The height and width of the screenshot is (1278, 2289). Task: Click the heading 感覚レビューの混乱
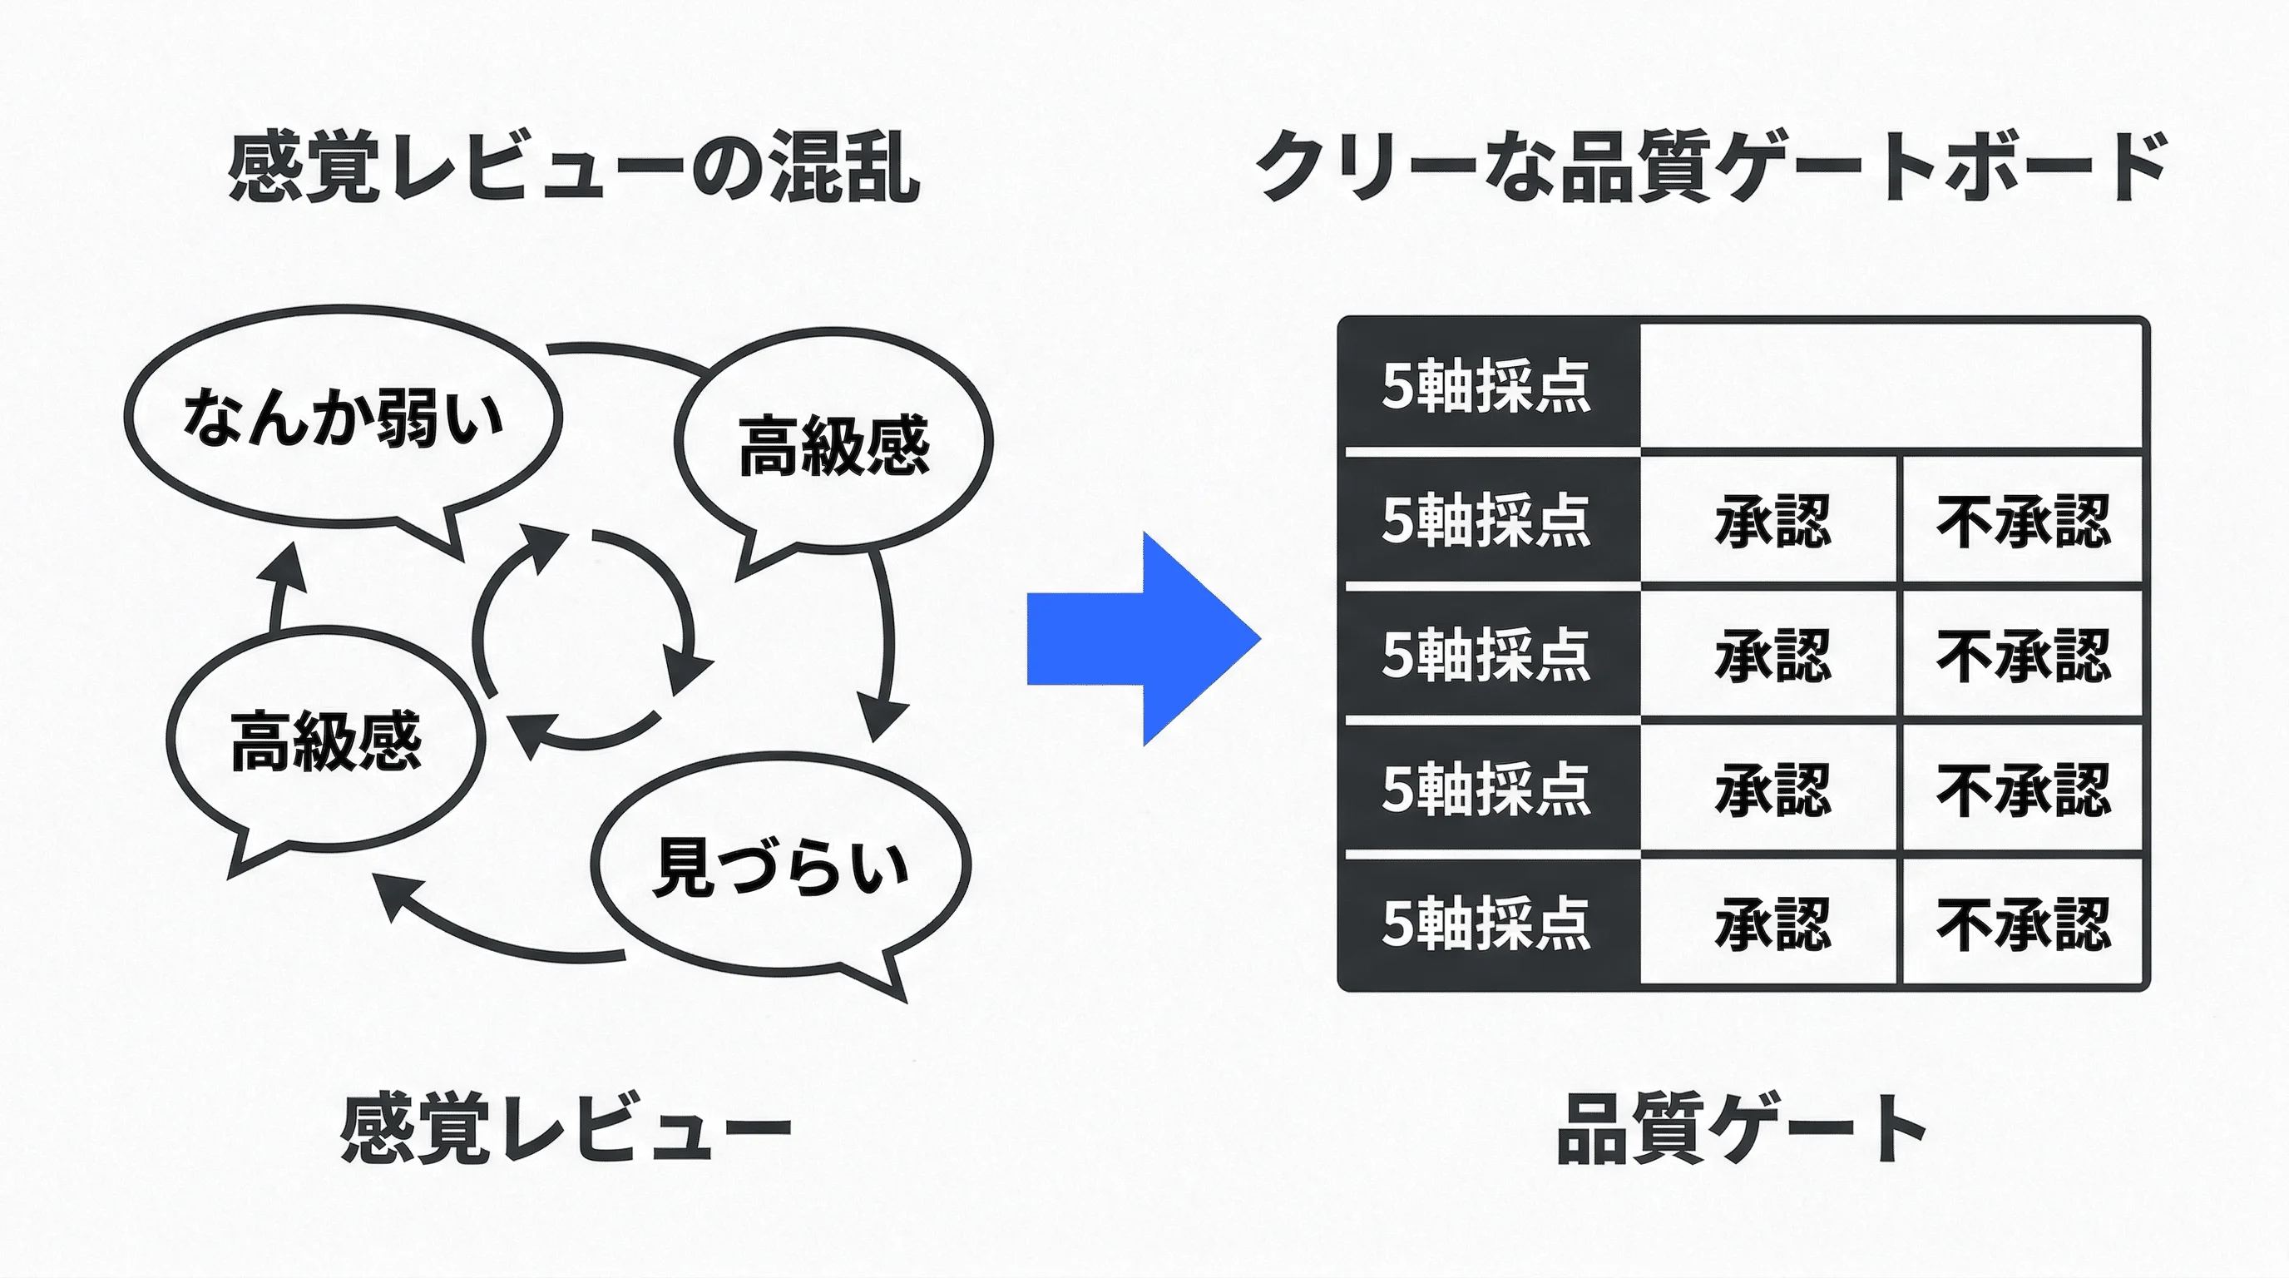tap(573, 167)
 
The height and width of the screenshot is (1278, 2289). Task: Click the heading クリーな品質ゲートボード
tap(1712, 167)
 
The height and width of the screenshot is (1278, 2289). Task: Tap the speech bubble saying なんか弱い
tap(343, 418)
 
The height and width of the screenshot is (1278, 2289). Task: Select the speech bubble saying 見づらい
tap(780, 866)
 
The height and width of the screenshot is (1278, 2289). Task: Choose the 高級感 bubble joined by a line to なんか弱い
tap(833, 444)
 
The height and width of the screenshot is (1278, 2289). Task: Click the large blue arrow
tap(1142, 639)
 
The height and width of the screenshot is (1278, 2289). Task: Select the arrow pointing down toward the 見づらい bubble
tap(884, 649)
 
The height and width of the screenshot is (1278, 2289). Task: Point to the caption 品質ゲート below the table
tap(1742, 1129)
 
